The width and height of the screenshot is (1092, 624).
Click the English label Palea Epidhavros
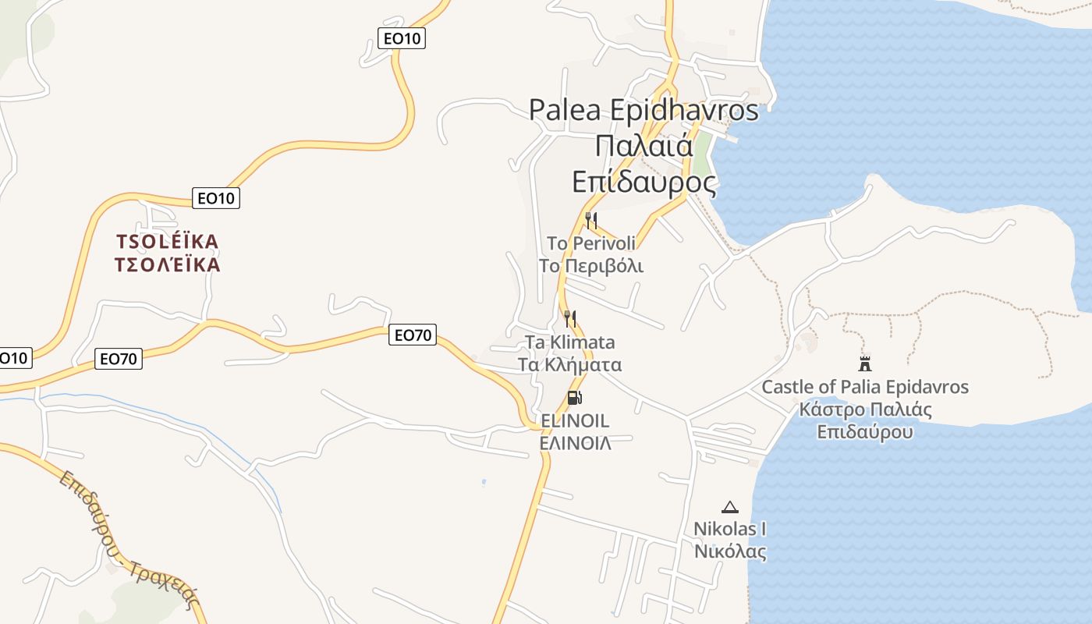[x=643, y=109]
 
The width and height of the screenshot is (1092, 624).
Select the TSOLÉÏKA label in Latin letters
[x=167, y=242]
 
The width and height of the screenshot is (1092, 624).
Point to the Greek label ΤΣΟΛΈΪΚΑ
[x=167, y=265]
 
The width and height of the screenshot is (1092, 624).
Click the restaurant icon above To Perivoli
[x=591, y=221]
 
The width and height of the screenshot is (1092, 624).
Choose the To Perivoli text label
[x=591, y=243]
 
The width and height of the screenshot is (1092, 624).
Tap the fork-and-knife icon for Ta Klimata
[x=570, y=318]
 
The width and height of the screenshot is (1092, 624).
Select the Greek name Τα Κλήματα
[x=570, y=364]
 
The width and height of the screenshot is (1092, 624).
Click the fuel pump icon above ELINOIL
[x=575, y=398]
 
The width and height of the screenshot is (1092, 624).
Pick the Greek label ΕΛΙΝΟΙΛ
[x=575, y=443]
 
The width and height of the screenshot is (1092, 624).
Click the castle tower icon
[x=864, y=363]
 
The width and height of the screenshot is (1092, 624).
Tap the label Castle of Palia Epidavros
[x=865, y=387]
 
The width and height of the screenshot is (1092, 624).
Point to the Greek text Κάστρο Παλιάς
[x=865, y=409]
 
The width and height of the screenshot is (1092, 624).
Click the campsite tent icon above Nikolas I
[x=729, y=508]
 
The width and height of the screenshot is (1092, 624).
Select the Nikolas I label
[x=730, y=529]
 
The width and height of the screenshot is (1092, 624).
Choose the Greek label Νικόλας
[x=730, y=551]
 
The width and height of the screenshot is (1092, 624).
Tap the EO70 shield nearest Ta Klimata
[x=413, y=335]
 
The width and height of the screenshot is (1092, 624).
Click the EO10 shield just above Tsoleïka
[x=216, y=198]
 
